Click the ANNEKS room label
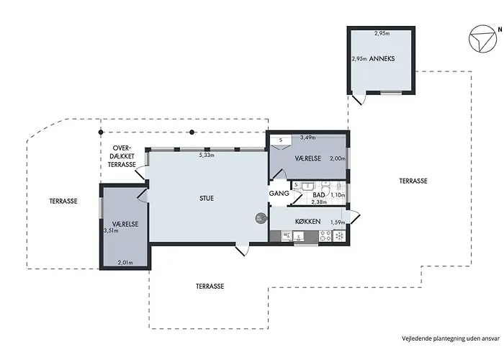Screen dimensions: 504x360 tap(382, 59)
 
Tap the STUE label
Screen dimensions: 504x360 tap(207, 198)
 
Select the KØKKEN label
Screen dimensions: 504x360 tap(307, 222)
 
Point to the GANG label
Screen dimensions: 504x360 tap(279, 194)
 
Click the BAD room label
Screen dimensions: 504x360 tap(318, 195)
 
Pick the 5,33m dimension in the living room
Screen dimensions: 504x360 tap(207, 156)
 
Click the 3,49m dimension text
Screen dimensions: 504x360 tap(307, 138)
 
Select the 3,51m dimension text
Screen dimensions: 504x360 tap(111, 230)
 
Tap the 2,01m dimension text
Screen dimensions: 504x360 tap(125, 263)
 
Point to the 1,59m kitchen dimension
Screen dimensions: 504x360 tap(338, 222)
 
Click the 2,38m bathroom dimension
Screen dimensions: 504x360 tap(319, 202)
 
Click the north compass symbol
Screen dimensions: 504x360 tap(483, 39)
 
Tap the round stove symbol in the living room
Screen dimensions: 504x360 tap(261, 219)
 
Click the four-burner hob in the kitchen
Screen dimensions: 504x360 tap(325, 236)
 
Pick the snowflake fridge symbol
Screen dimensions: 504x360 tap(339, 236)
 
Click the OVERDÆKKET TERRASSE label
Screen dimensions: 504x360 tap(121, 156)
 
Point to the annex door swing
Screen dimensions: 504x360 tap(359, 99)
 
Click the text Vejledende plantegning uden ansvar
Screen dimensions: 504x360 tap(451, 338)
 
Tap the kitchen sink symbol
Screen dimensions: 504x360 tap(299, 237)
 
